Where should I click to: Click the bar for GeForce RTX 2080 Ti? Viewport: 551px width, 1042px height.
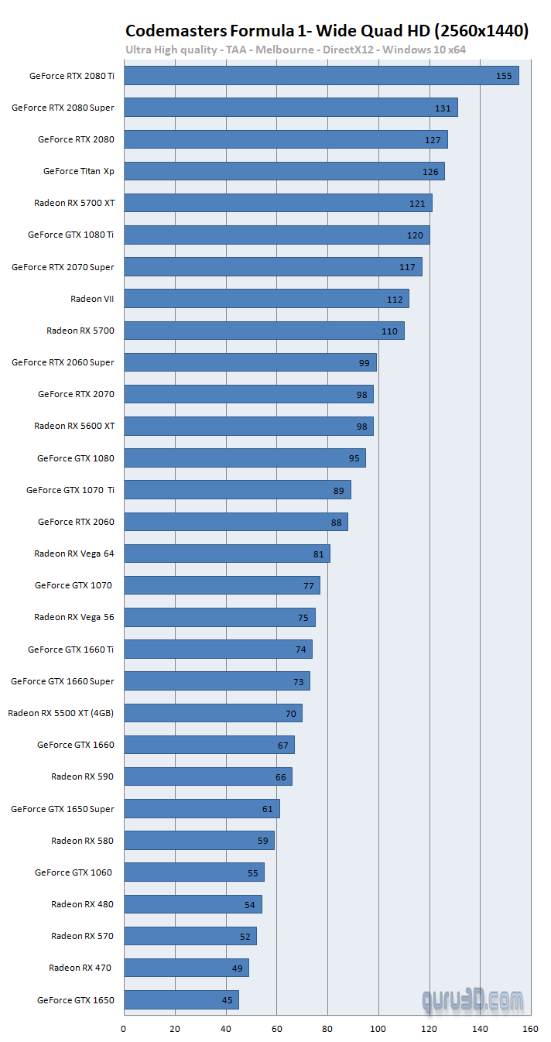coord(320,76)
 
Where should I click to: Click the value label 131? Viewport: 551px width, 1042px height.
coord(443,108)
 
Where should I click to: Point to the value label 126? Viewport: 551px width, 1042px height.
coord(430,172)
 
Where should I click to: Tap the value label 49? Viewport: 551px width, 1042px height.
coord(238,968)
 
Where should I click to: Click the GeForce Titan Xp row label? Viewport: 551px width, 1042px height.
coord(78,172)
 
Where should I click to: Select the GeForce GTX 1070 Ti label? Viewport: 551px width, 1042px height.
coord(70,490)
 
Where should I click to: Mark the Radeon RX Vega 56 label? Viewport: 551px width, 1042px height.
coord(74,618)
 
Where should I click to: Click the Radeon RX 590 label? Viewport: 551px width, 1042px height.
coord(82,776)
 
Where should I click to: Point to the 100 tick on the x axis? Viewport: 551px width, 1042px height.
coord(378,1029)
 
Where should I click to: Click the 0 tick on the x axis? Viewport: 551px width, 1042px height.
coord(124,1029)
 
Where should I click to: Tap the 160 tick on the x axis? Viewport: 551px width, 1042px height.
coord(530,1029)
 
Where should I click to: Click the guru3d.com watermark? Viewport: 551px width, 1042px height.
coord(472,1000)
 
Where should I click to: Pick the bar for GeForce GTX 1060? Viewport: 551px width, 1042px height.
coord(193,872)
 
